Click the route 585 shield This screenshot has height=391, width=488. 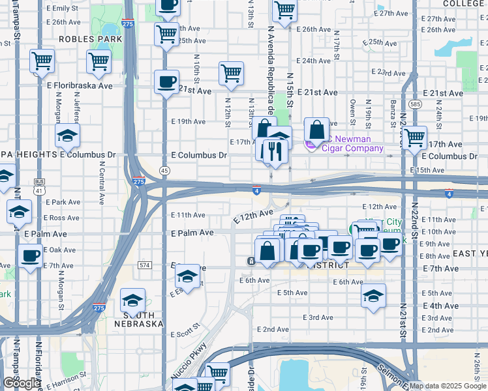[x=415, y=104]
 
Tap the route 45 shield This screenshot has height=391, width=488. [x=164, y=170]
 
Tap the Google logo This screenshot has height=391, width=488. [x=21, y=383]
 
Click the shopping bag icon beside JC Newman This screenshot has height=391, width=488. [x=316, y=130]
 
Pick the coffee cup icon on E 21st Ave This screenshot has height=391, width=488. [x=166, y=82]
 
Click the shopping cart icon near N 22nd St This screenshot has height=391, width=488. [x=414, y=138]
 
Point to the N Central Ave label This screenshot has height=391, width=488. [x=102, y=177]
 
